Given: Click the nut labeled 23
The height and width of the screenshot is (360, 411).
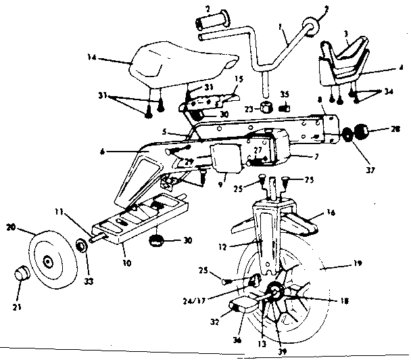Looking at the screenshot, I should pos(267,106).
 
